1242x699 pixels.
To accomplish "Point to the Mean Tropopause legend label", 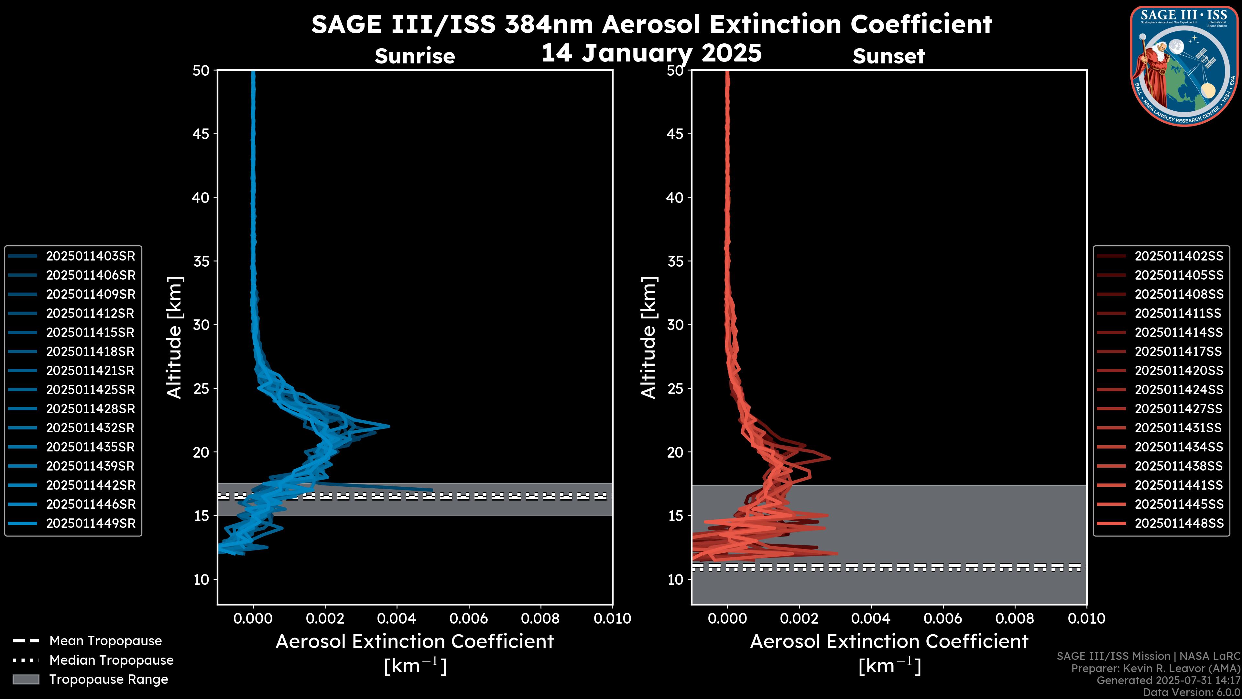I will point(105,641).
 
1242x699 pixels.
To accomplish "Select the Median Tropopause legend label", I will point(111,660).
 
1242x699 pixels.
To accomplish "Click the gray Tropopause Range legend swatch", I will point(26,679).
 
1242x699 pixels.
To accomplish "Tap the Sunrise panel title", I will point(415,56).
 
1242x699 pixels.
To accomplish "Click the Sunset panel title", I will point(888,56).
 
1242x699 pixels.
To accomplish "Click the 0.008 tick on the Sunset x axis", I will point(1015,618).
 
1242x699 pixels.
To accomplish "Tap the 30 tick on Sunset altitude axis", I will point(675,325).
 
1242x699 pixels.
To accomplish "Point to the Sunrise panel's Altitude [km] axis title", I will point(175,337).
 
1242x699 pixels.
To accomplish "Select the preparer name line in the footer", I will point(1155,668).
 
